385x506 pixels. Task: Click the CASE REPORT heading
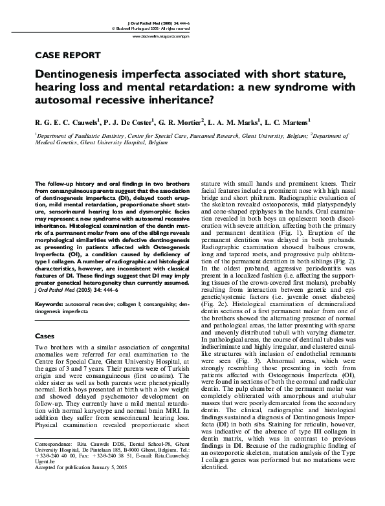(67, 55)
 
